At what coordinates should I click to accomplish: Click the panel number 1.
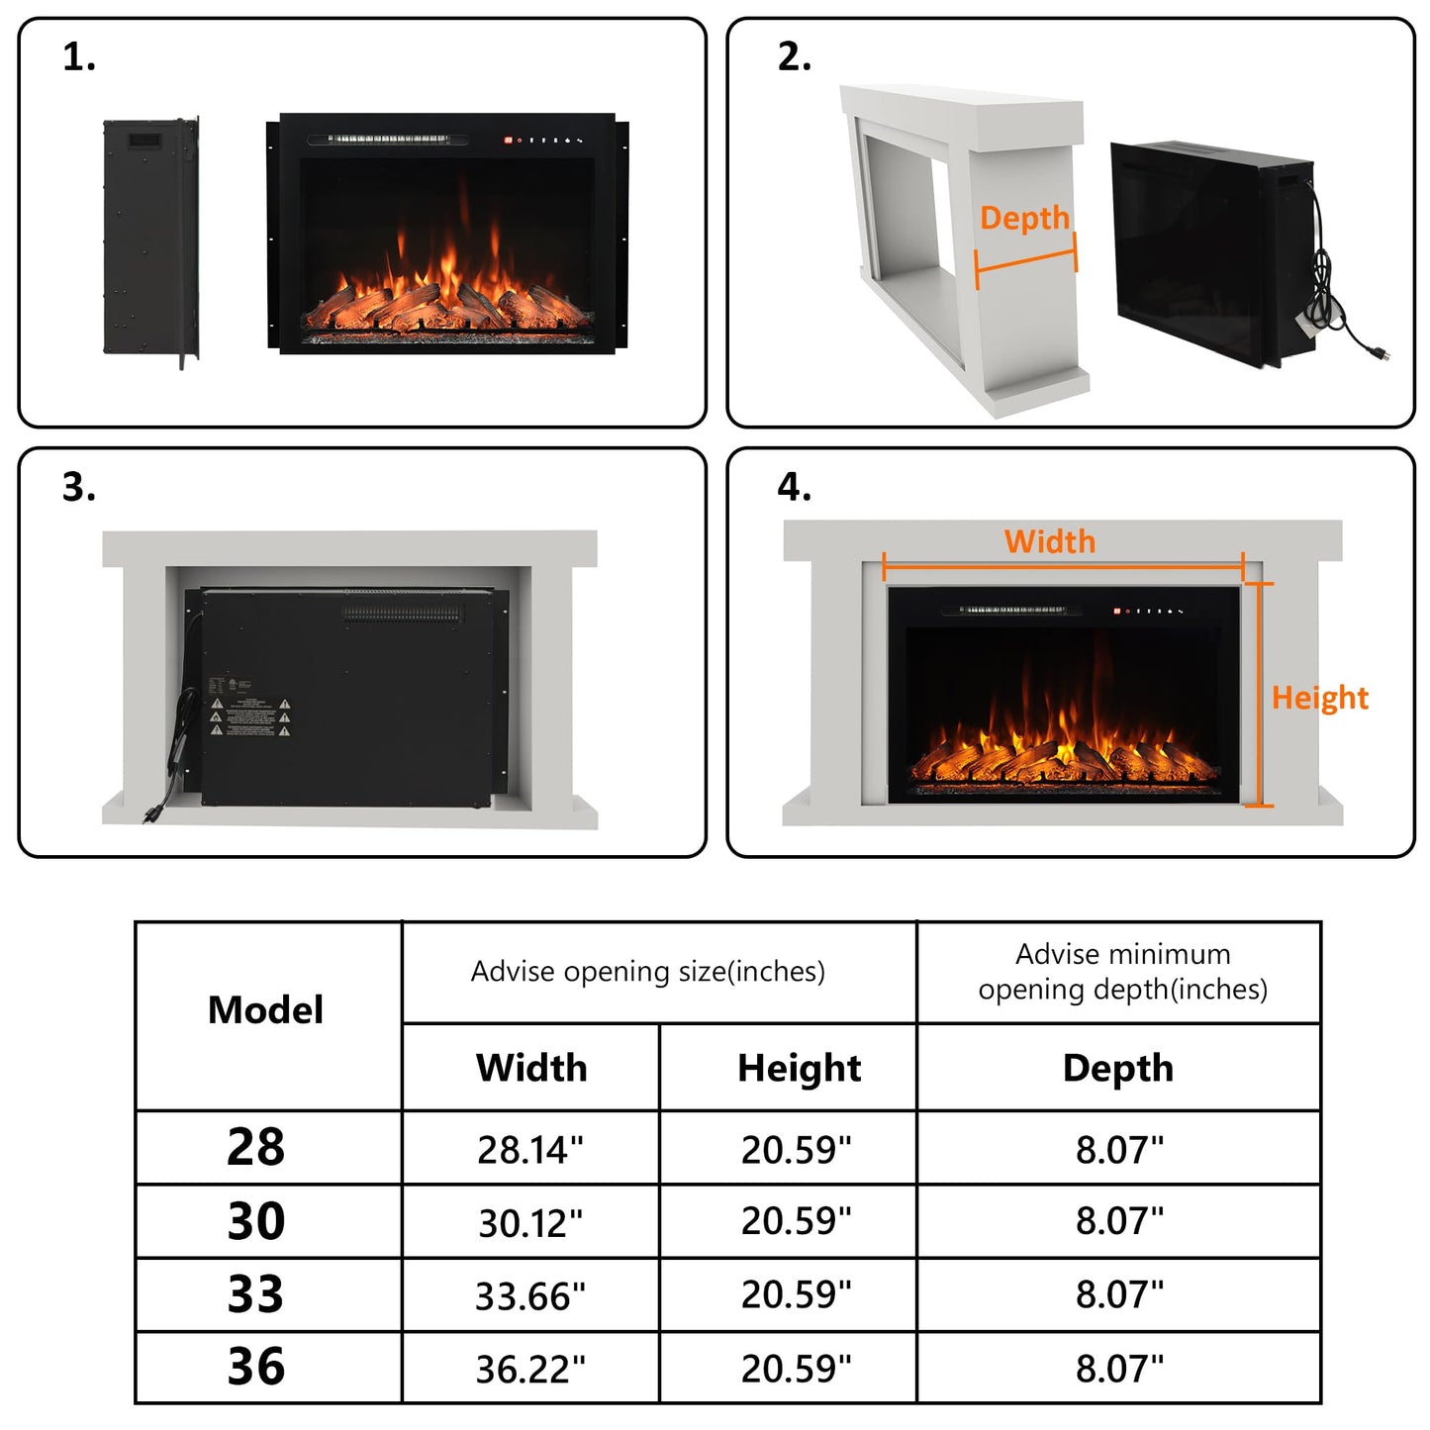tap(78, 57)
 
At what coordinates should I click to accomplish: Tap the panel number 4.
tap(794, 487)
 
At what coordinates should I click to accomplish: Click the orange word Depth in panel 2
tap(1024, 218)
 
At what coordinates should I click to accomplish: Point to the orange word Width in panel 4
tap(1049, 541)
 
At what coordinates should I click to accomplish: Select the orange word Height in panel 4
tap(1319, 698)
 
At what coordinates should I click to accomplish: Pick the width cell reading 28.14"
tap(530, 1150)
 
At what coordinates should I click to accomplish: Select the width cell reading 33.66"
tap(530, 1296)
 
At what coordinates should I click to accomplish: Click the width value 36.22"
tap(530, 1370)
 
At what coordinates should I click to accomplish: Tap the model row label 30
tap(256, 1221)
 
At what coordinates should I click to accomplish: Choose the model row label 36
tap(256, 1367)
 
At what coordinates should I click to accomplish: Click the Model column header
tap(265, 1010)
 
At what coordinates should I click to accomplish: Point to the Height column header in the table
tap(799, 1069)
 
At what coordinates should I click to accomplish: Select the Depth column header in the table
tap(1118, 1069)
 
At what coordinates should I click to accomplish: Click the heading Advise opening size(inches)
tap(647, 972)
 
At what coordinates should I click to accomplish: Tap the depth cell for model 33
tap(1119, 1294)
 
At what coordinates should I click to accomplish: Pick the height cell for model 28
tap(797, 1150)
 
